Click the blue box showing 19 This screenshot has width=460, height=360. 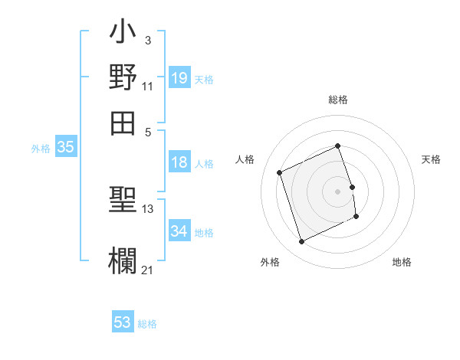179,77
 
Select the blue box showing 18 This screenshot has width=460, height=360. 179,162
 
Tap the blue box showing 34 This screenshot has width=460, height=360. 179,231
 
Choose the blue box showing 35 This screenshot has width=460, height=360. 65,148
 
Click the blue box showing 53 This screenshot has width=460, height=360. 123,322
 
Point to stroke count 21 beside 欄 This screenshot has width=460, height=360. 147,270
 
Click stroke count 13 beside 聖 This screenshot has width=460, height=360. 147,208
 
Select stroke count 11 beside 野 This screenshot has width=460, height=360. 147,86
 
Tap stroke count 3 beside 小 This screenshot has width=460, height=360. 147,40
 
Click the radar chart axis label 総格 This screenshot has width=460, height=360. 338,100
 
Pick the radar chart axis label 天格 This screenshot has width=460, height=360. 431,159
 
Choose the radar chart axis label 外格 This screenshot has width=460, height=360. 270,262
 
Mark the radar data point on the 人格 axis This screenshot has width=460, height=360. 281,172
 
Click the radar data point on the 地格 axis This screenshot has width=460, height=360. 357,218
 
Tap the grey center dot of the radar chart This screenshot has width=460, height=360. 338,191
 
